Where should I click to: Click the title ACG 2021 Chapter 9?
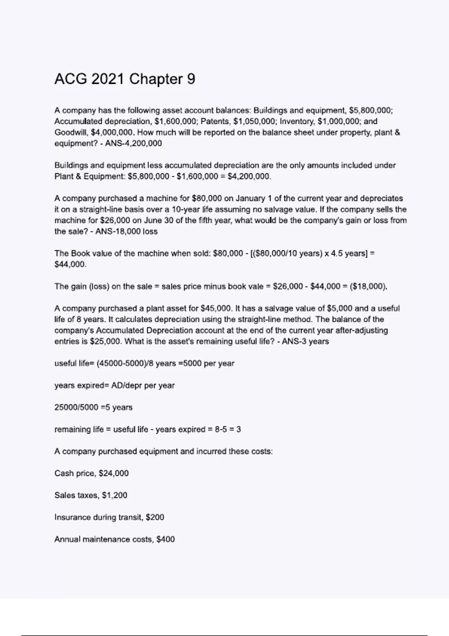[125, 79]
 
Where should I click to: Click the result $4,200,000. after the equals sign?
[249, 176]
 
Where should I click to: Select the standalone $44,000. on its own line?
[70, 264]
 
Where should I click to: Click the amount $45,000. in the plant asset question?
[217, 309]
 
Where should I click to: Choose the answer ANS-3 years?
[305, 342]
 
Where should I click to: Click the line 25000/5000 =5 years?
[94, 407]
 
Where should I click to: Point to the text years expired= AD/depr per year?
[114, 385]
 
